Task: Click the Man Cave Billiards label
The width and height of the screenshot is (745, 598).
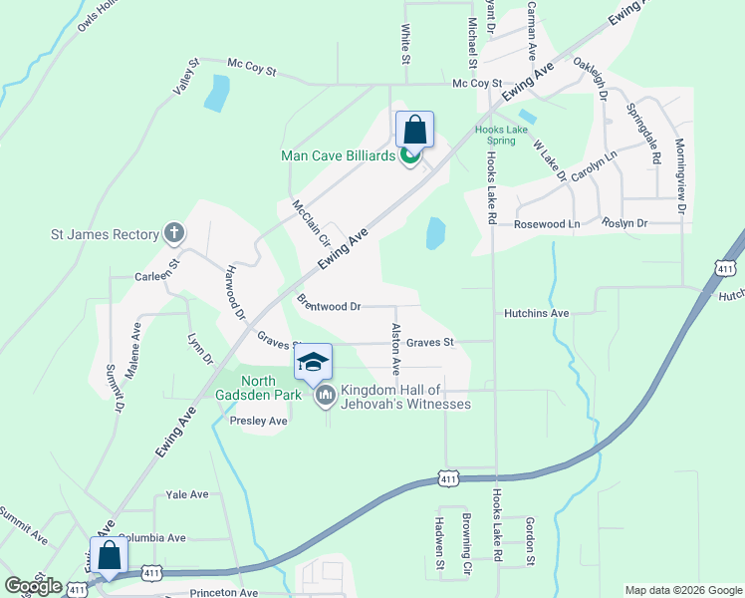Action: (x=339, y=154)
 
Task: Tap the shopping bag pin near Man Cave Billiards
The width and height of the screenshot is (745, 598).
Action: (x=414, y=131)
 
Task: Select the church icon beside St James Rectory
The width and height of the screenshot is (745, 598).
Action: (x=175, y=234)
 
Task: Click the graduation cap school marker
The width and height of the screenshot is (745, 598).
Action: (x=313, y=363)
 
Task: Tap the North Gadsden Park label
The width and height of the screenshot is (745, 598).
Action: (x=244, y=389)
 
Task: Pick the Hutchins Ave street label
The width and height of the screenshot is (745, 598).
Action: (x=536, y=313)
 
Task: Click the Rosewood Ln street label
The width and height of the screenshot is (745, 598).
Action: (x=546, y=224)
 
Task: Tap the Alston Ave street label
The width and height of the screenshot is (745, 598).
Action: (x=396, y=348)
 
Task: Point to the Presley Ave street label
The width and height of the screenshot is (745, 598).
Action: (x=258, y=422)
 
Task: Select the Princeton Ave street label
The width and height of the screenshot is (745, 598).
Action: (x=224, y=592)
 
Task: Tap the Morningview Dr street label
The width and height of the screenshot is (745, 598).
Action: (x=682, y=175)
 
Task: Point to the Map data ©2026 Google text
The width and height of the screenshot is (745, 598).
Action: (x=682, y=590)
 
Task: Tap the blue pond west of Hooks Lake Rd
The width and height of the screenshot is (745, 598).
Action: (x=435, y=234)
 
